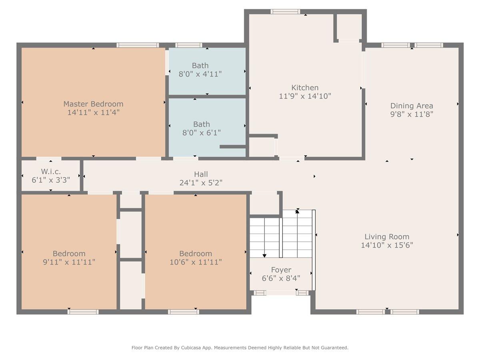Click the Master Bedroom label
[x=93, y=104]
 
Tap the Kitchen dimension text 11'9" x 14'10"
[x=305, y=96]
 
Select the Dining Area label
[x=412, y=106]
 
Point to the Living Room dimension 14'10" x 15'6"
[x=387, y=245]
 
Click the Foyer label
[x=281, y=270]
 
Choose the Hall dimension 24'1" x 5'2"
[x=201, y=182]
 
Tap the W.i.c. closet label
[x=51, y=171]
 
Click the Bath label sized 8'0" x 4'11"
[x=200, y=66]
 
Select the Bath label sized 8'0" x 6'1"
[x=202, y=124]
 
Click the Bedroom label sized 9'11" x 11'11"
[x=69, y=254]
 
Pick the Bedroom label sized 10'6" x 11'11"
[x=196, y=254]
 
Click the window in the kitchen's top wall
[x=285, y=12]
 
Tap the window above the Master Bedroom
[x=138, y=45]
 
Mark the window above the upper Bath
[x=189, y=45]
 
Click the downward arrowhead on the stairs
[x=264, y=256]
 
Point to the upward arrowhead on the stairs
[x=297, y=211]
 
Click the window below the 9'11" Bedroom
[x=83, y=312]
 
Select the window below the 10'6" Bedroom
[x=184, y=312]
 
